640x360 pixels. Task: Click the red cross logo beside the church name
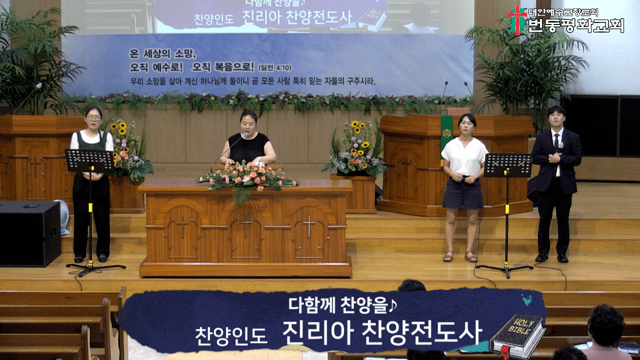[517, 20]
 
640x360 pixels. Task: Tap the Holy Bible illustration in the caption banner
[517, 336]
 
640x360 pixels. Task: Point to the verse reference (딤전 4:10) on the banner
[275, 67]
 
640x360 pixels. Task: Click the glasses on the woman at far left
[93, 118]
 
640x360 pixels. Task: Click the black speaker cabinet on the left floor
[29, 233]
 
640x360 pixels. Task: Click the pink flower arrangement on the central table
[247, 178]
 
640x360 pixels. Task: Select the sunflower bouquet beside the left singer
[129, 150]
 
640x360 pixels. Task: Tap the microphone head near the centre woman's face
[244, 135]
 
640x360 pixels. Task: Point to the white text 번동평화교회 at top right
[576, 25]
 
